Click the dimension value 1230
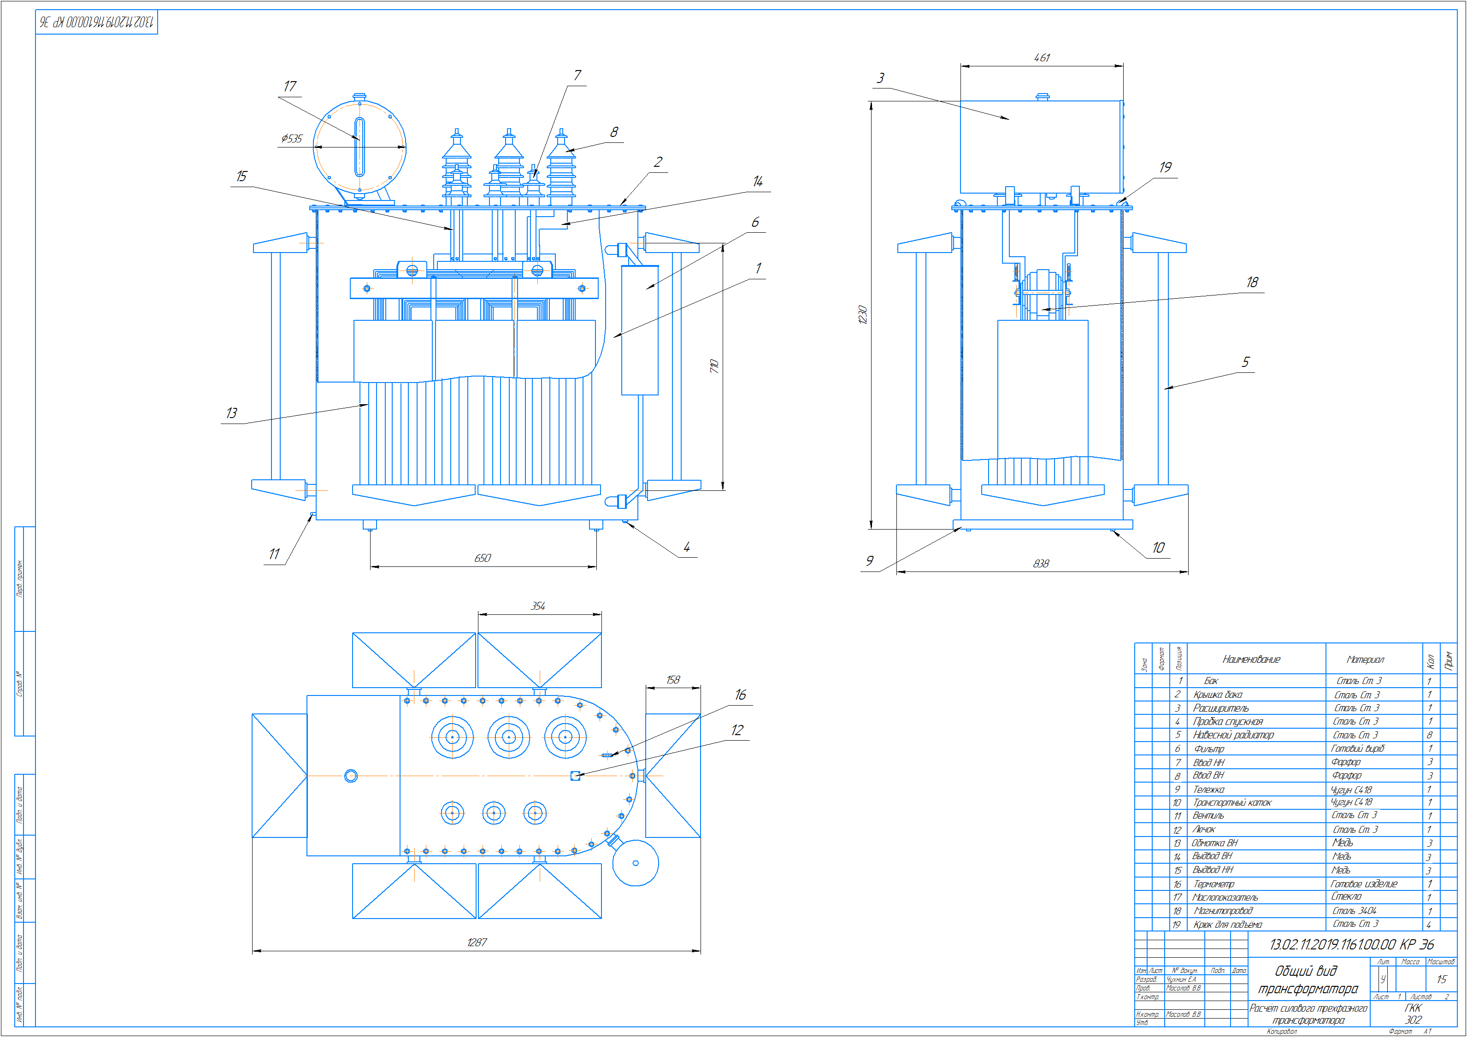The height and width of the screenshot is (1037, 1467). tap(863, 314)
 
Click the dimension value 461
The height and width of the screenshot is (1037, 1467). tap(1042, 58)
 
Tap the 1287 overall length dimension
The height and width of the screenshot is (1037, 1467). tap(477, 942)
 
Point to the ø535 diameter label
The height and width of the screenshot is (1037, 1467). tap(292, 138)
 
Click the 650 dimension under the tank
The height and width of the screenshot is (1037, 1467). tap(483, 558)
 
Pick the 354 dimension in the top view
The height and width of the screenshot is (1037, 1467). tap(538, 606)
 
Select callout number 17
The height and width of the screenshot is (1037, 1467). tap(290, 86)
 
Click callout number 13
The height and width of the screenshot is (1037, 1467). tap(231, 413)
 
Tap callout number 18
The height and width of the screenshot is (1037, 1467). tap(1252, 282)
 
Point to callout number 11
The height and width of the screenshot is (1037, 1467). tap(274, 554)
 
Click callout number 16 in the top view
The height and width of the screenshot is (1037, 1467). tap(740, 695)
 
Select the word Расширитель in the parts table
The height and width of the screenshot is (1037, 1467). tap(1220, 708)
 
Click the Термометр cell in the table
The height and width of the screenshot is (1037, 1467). tap(1214, 884)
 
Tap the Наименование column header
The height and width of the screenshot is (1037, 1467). tap(1251, 659)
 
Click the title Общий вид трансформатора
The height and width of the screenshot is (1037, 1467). tap(1307, 979)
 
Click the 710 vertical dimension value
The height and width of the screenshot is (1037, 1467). tap(714, 366)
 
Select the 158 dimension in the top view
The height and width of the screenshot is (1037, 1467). tap(673, 679)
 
